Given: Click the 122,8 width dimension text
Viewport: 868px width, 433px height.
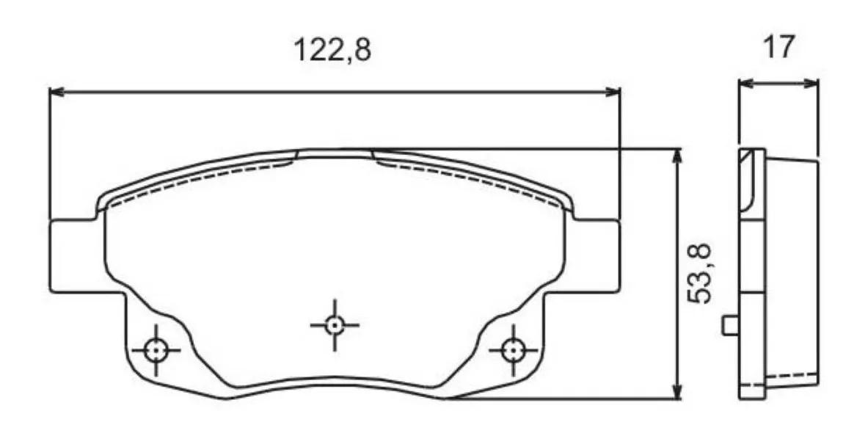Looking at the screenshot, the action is point(332,50).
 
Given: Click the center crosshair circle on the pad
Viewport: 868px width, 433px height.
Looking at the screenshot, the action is point(335,325).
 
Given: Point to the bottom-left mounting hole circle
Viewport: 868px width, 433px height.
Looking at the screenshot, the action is point(156,350).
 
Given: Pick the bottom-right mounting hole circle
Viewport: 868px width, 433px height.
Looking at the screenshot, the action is point(513,350).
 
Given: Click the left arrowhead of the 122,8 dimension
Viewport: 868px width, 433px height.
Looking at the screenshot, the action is point(56,92).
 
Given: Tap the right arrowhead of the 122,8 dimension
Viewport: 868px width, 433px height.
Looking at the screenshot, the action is point(613,92).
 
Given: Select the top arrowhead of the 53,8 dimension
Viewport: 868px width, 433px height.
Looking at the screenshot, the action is point(676,156).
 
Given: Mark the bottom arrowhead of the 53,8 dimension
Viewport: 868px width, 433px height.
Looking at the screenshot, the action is point(676,391).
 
